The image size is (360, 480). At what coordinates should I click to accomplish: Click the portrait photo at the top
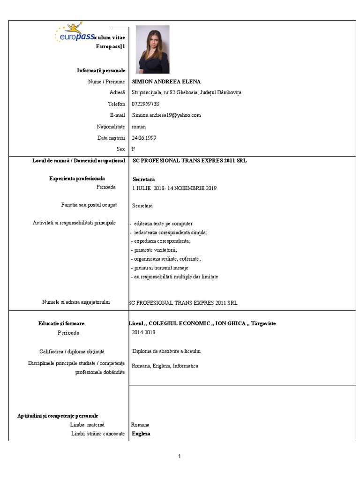pos(152,49)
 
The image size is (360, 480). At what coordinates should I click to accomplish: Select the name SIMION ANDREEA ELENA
pos(166,82)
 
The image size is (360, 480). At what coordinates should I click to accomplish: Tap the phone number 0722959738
pos(145,104)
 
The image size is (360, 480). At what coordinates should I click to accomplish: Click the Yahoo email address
pos(166,115)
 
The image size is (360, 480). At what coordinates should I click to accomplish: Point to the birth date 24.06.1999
pos(144,138)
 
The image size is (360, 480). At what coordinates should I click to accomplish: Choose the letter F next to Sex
pos(134,149)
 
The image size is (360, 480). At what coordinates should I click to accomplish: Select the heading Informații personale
pos(101,70)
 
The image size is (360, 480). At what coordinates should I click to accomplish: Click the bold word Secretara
pos(143,180)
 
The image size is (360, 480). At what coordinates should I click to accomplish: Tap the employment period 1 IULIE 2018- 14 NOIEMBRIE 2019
pos(174,188)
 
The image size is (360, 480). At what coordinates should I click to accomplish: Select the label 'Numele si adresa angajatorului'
pos(76,302)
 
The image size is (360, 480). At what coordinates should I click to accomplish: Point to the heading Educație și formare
pos(61,323)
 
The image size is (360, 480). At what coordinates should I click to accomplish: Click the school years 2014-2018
pos(143,332)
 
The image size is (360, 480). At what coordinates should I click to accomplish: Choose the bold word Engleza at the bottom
pos(141,434)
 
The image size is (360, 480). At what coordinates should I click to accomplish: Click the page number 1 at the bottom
pos(180,457)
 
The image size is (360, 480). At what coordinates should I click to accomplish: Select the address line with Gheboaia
pos(187,93)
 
